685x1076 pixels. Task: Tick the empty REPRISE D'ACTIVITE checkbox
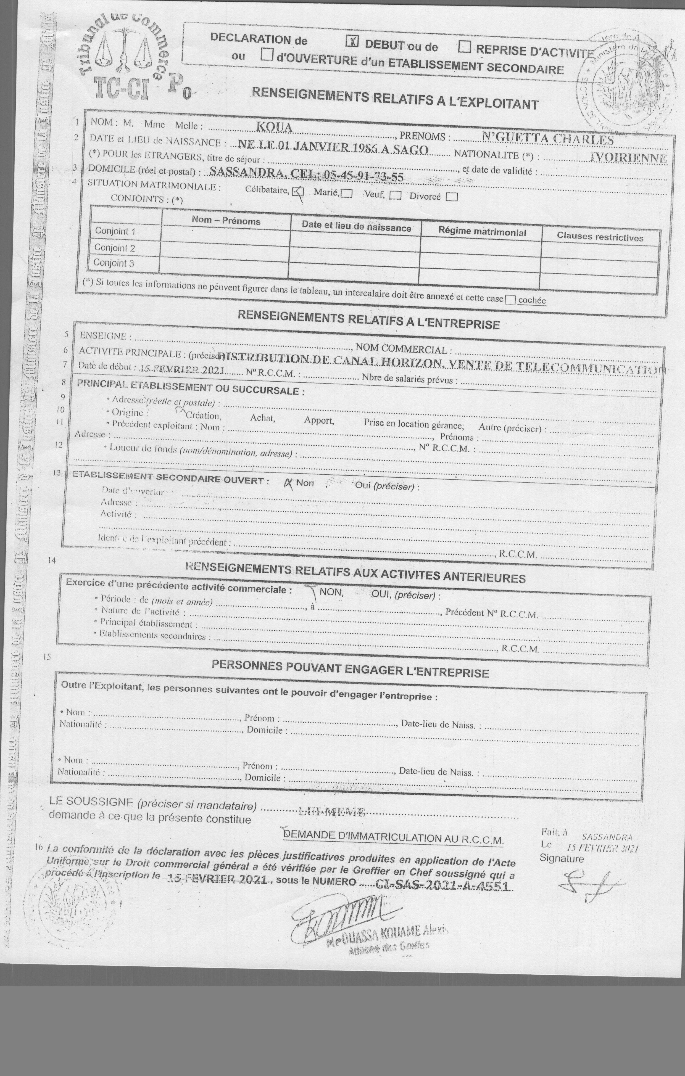(x=465, y=46)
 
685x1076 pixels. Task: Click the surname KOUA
(x=274, y=127)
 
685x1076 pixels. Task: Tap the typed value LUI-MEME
(x=332, y=812)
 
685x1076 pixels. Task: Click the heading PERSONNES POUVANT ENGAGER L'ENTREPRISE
(x=350, y=669)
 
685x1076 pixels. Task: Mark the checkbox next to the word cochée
(x=509, y=300)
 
